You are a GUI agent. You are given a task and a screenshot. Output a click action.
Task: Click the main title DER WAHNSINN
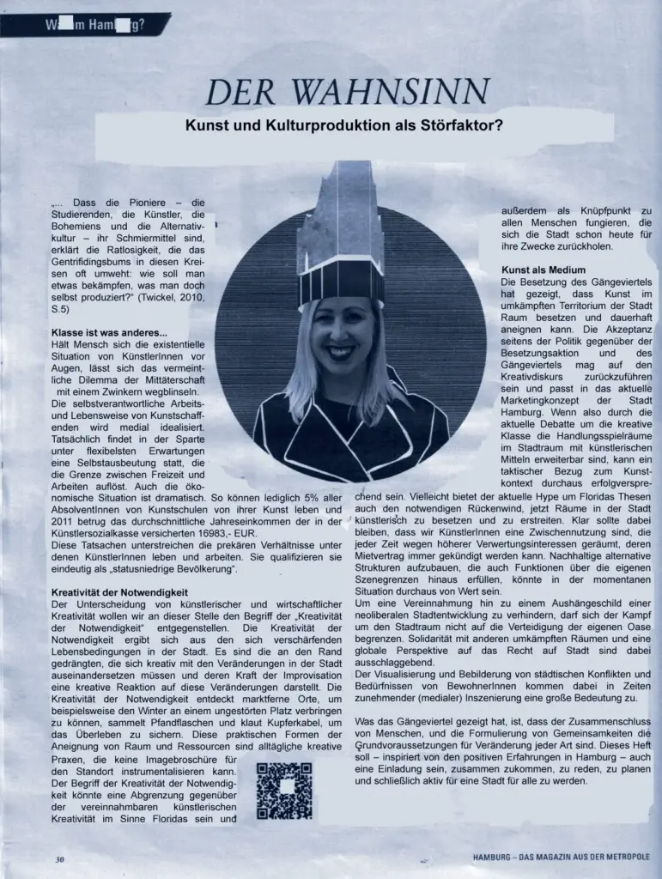tap(347, 91)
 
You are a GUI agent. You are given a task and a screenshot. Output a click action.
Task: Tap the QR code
tap(284, 790)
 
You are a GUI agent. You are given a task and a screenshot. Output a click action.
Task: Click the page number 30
tap(59, 858)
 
